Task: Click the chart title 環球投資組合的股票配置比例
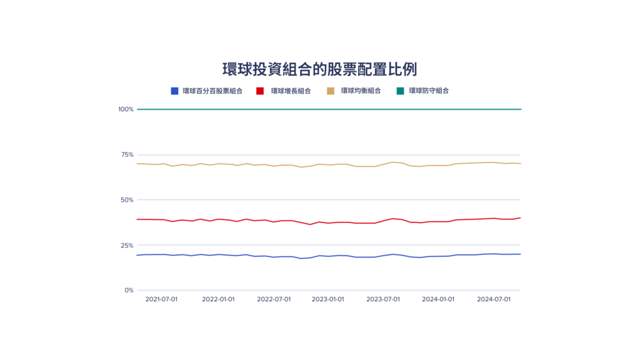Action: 319,69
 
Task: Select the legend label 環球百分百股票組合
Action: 212,91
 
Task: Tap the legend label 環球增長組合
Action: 291,91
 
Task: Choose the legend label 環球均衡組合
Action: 361,91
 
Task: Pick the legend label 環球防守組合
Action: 429,91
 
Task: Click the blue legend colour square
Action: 175,91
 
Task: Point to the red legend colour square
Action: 260,91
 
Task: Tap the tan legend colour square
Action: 331,91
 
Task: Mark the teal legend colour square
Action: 400,91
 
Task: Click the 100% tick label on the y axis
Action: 126,109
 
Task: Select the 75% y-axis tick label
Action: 127,154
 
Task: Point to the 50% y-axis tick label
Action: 127,200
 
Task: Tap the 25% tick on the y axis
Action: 127,245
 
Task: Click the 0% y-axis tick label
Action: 129,290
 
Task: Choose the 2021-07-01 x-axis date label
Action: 161,299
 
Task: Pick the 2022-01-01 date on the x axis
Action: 218,299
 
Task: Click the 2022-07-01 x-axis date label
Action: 274,299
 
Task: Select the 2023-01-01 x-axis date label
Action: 328,299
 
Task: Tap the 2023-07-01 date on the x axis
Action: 383,299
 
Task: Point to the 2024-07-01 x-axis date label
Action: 494,299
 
